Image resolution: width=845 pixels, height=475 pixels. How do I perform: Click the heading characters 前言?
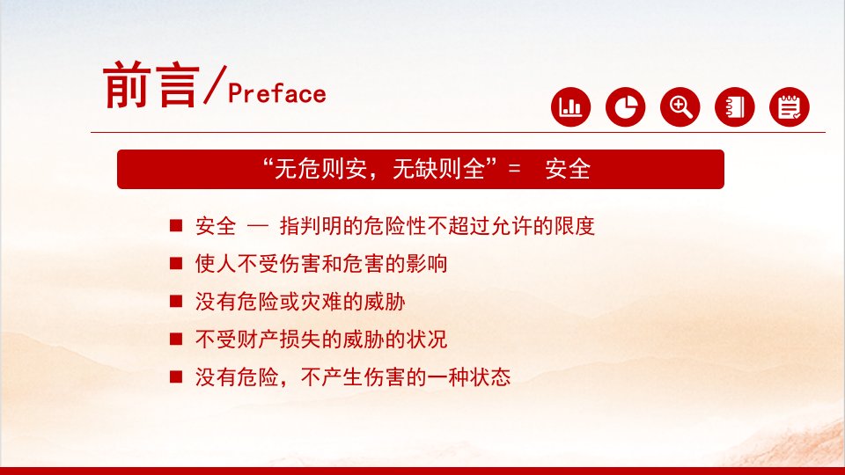point(151,85)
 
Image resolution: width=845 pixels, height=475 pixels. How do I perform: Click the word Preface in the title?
point(277,93)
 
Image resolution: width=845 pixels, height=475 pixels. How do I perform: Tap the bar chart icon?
point(570,106)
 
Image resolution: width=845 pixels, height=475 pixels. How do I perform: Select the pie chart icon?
point(626,106)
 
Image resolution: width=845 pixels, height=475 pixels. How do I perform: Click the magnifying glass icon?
point(680,106)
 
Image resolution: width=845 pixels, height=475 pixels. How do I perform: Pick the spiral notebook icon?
point(735,106)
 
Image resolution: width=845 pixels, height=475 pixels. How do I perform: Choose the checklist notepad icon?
point(790,106)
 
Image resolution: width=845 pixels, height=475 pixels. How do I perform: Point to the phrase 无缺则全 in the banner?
point(438,169)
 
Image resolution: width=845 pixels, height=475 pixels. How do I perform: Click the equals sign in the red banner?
point(515,169)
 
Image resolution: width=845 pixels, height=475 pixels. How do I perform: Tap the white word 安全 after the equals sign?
point(568,169)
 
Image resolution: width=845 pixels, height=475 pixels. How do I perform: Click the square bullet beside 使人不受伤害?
point(176,263)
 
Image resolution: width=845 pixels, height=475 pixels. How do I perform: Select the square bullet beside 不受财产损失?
point(176,339)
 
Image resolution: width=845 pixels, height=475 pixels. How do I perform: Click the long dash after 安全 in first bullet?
point(258,226)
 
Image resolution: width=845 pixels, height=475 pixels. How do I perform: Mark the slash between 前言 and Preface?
point(215,84)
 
